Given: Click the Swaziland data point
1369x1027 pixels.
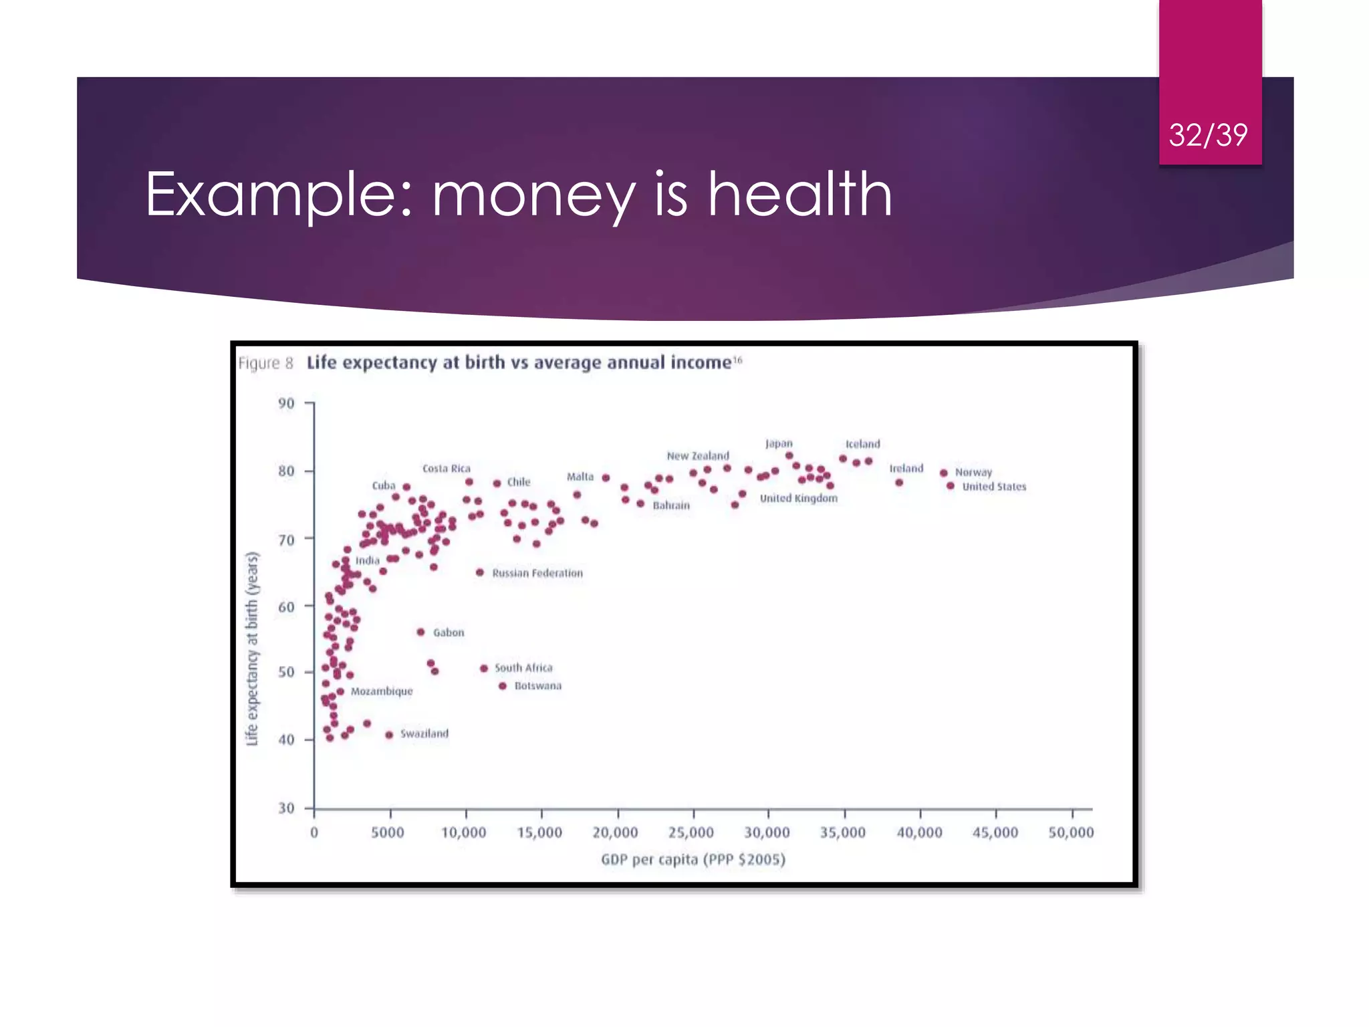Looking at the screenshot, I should (389, 735).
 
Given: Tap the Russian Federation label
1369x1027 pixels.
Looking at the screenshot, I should (537, 573).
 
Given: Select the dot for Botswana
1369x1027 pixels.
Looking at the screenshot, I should (503, 686).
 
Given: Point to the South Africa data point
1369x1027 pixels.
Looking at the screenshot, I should (484, 668).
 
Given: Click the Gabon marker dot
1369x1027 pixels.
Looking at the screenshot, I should (420, 632).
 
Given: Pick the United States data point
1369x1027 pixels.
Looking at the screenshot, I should (951, 486).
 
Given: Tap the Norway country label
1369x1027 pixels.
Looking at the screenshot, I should (973, 472).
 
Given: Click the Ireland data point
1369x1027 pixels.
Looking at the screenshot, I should (899, 483).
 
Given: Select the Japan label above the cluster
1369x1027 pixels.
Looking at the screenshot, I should (779, 443).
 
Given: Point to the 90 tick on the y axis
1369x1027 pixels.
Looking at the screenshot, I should (286, 403).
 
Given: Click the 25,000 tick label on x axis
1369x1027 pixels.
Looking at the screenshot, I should (691, 832).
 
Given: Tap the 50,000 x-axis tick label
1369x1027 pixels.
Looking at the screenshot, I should (1071, 832).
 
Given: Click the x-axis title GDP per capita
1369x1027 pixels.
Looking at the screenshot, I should (693, 859).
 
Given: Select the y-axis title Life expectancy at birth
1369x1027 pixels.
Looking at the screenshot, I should (252, 648).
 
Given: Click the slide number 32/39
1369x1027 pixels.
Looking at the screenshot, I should (1208, 135).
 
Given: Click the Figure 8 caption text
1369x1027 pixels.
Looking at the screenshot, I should (265, 363).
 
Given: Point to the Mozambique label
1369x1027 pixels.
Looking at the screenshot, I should (382, 691).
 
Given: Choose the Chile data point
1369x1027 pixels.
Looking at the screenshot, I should (497, 483).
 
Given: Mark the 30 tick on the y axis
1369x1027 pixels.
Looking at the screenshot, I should (286, 808).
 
